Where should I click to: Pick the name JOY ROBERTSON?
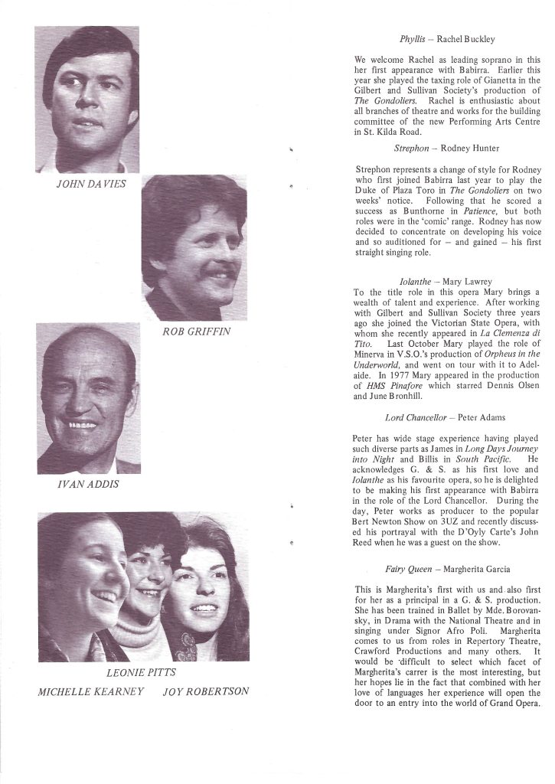[x=206, y=692]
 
